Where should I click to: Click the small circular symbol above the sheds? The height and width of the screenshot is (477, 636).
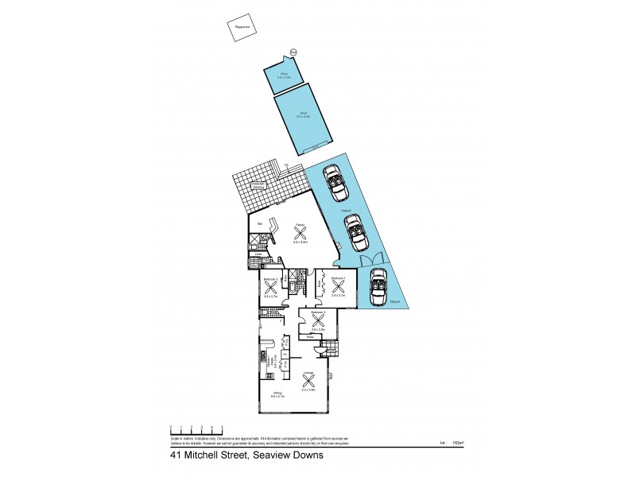293,52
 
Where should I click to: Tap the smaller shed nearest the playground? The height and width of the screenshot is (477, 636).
282,78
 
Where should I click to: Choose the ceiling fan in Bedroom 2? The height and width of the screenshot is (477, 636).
318,320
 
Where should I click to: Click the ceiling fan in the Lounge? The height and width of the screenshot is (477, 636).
309,379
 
